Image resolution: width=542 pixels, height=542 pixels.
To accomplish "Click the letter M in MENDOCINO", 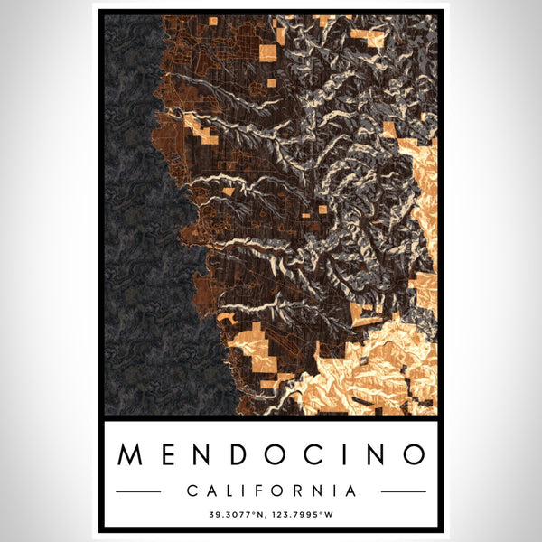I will (131, 454).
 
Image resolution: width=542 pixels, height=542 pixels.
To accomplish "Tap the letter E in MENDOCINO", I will (169, 454).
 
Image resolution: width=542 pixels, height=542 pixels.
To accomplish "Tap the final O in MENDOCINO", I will (412, 454).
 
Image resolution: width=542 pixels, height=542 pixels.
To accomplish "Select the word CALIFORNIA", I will (271, 491).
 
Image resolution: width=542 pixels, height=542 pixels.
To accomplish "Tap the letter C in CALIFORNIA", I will (191, 491).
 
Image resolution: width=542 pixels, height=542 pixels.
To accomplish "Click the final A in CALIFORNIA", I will (350, 491).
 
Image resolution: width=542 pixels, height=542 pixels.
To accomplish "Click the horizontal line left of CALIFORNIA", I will (138, 491).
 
